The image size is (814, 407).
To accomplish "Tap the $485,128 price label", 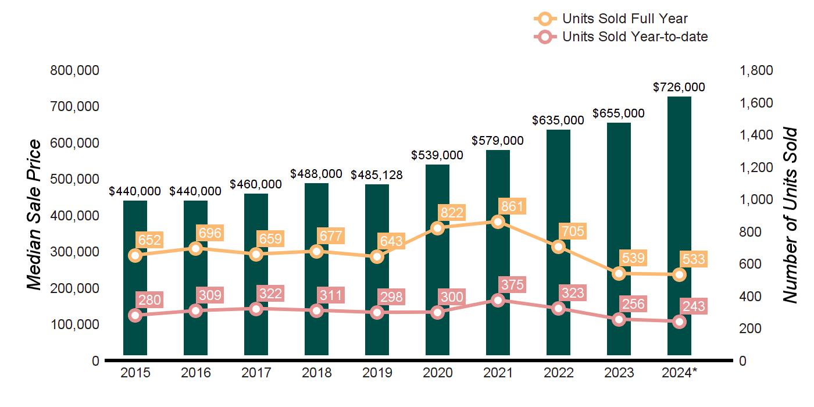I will pyautogui.click(x=377, y=174).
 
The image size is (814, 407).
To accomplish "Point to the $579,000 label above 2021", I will pyautogui.click(x=498, y=140).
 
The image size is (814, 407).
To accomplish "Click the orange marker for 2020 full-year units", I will pyautogui.click(x=438, y=228).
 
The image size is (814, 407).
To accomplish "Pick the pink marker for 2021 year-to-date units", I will pyautogui.click(x=498, y=300).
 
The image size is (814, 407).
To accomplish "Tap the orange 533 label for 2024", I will pyautogui.click(x=694, y=259).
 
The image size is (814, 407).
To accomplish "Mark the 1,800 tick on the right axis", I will pyautogui.click(x=756, y=70).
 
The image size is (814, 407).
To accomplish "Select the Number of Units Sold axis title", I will pyautogui.click(x=789, y=215).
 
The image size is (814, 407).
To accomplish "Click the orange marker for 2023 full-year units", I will pyautogui.click(x=619, y=274).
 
